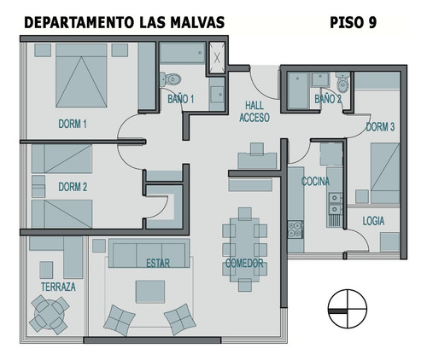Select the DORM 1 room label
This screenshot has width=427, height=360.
[x=73, y=125]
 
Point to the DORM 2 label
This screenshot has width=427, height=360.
[x=73, y=187]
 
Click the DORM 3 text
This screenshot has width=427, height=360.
[x=380, y=127]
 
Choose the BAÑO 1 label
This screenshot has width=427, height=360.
[x=181, y=99]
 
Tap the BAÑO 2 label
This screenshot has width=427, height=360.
[x=327, y=100]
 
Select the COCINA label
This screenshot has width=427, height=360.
[x=315, y=182]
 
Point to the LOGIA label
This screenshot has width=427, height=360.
[x=373, y=220]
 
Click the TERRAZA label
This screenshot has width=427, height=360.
[x=58, y=287]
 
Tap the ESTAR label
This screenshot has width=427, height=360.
[x=157, y=263]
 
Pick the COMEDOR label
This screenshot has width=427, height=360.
[x=243, y=264]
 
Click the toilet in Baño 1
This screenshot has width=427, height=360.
[x=173, y=78]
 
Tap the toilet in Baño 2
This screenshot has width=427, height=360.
[x=342, y=84]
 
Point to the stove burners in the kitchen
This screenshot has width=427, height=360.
[x=295, y=229]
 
